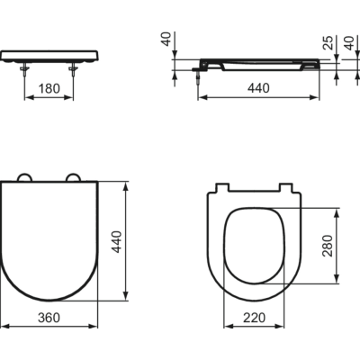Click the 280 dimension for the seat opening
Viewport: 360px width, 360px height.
click(x=328, y=244)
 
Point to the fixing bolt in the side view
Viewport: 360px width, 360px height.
click(x=198, y=75)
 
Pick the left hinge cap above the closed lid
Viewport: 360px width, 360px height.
click(x=26, y=176)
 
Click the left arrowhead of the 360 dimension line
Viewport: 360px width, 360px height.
click(x=4, y=327)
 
